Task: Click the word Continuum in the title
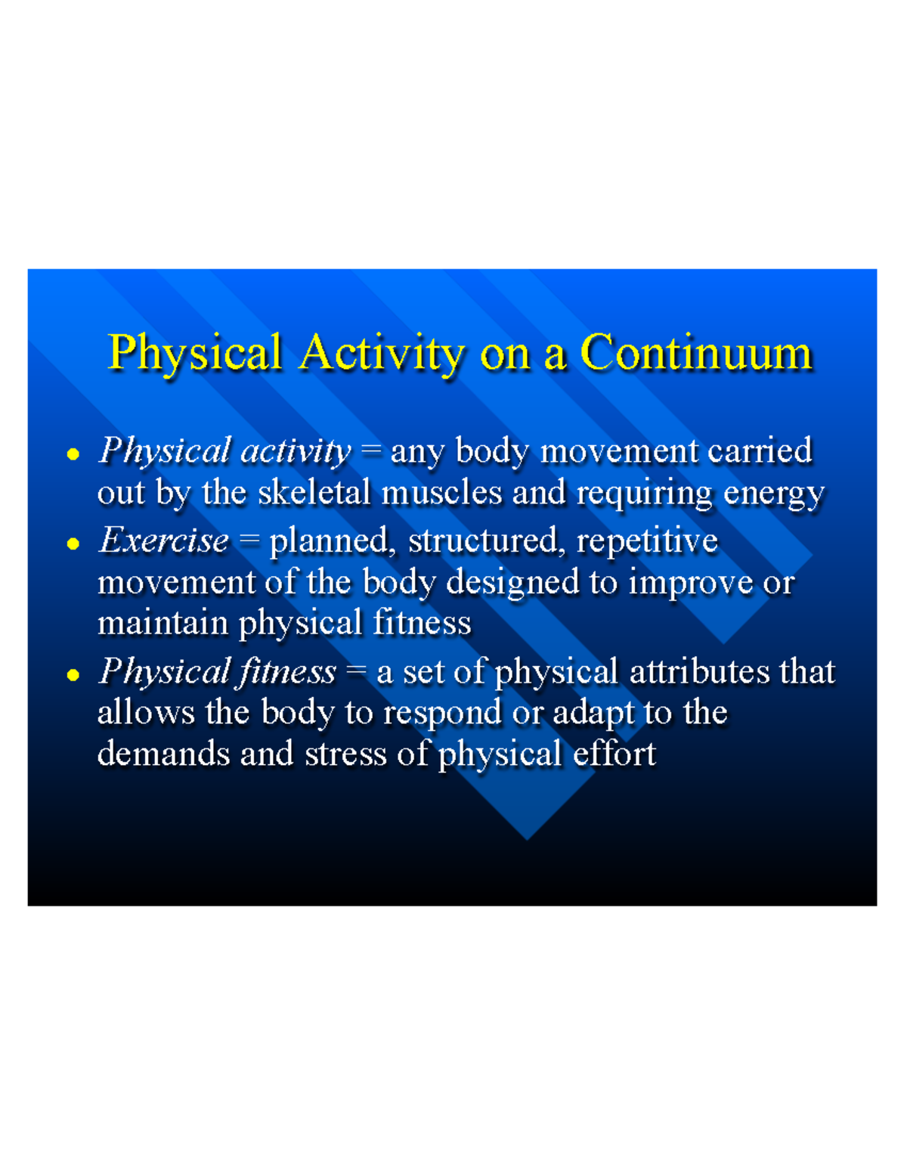695,352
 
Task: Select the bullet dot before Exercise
73,544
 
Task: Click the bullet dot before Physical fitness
73,674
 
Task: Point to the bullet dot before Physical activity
73,454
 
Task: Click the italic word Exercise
163,541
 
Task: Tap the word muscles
441,492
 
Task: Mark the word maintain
163,623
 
